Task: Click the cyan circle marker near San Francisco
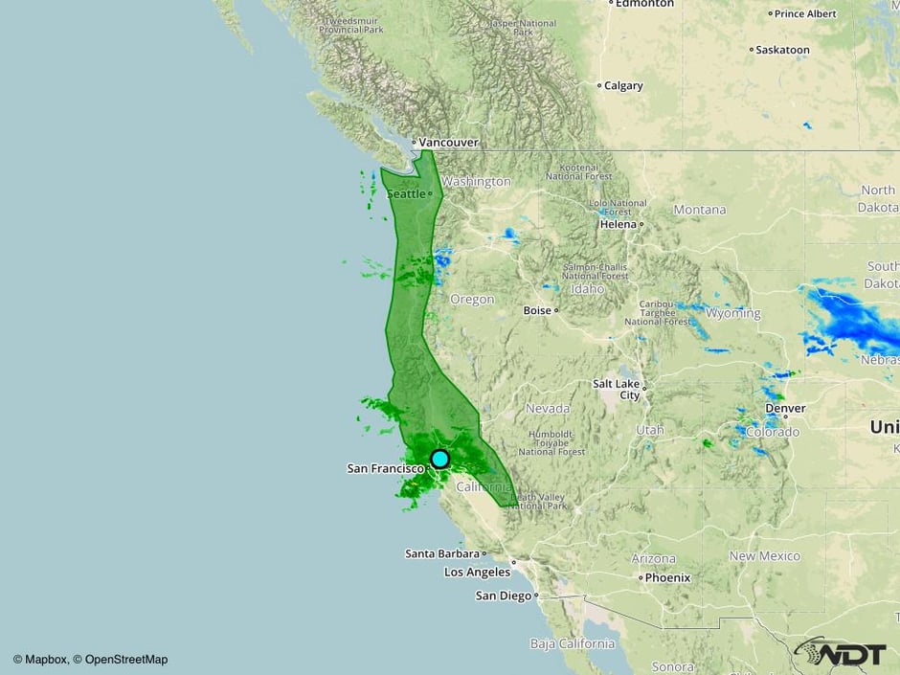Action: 439,459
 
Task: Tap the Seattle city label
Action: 405,193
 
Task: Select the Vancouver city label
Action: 449,142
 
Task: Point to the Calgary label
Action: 623,85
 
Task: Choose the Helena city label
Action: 618,224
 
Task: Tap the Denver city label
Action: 785,408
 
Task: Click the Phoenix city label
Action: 667,577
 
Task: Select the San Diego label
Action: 504,596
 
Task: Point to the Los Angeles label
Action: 477,572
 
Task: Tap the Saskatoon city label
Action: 782,50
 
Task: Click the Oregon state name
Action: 472,299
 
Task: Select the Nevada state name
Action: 548,408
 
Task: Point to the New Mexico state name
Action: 764,555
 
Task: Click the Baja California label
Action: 573,643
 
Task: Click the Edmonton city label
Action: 645,4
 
